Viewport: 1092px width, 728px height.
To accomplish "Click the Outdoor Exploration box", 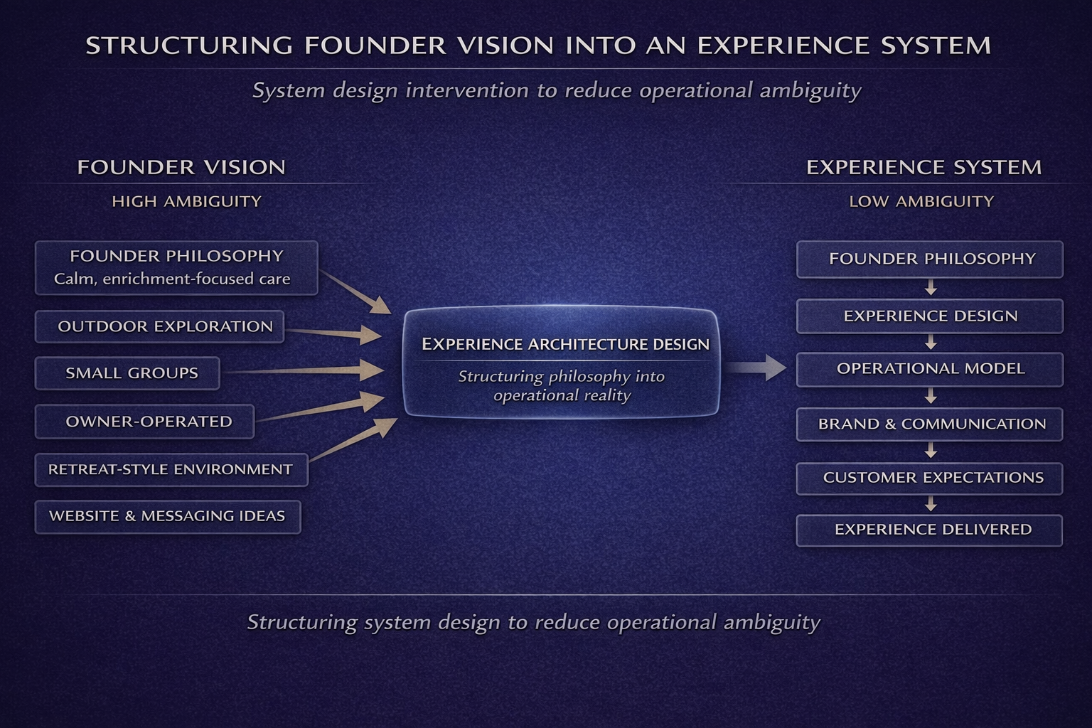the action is (159, 326).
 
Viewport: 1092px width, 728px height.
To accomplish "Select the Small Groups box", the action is (127, 373).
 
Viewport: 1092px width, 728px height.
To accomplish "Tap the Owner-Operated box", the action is (144, 422).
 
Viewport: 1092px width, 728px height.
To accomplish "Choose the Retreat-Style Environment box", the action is (171, 470).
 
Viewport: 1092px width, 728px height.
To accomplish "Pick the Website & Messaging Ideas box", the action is (168, 517).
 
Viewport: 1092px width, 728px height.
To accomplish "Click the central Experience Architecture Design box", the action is (561, 362).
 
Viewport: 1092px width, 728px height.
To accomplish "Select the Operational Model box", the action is (929, 369).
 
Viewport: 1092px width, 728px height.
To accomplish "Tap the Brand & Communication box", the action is (929, 424).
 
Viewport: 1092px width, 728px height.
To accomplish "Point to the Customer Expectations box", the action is (929, 478).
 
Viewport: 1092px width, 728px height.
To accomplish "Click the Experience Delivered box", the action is (929, 530).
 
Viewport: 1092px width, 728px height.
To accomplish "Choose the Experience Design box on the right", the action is (929, 316).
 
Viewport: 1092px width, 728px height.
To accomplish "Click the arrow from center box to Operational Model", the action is (756, 368).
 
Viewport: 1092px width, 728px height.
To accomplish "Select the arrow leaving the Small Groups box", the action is (306, 370).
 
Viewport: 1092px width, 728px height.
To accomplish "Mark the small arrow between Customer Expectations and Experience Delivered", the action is (931, 504).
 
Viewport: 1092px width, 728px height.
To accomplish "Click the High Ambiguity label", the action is (186, 202).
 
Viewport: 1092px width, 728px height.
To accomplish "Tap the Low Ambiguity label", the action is (921, 202).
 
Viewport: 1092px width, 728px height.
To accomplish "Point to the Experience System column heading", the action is (924, 168).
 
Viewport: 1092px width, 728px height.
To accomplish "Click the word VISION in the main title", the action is (505, 45).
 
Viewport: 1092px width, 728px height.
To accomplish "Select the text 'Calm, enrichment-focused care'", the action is (172, 279).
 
